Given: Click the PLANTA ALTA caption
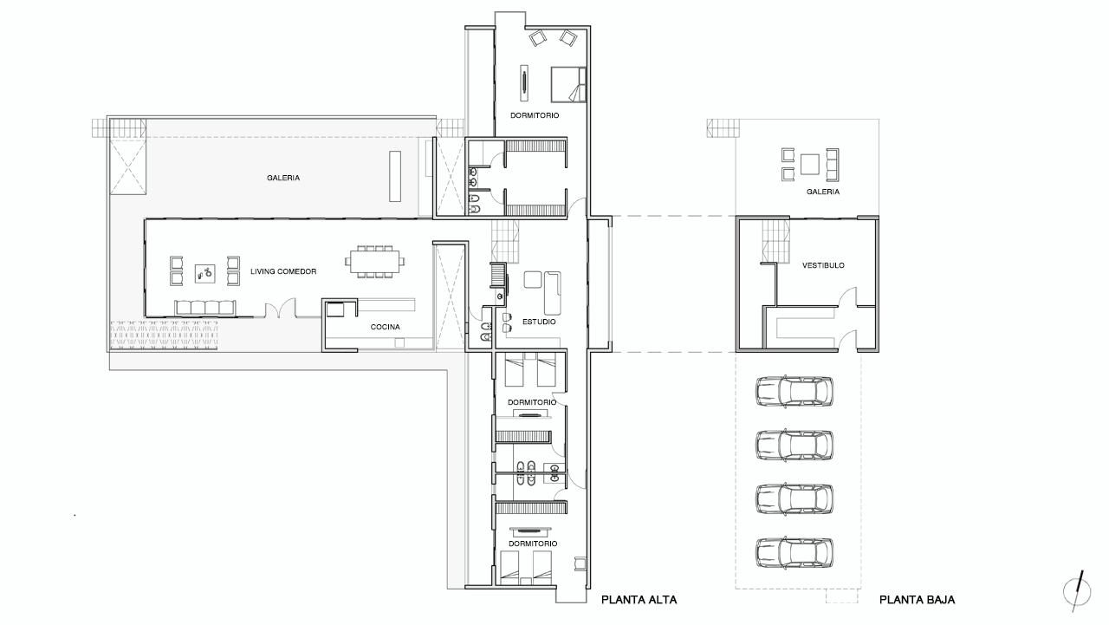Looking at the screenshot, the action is [x=639, y=600].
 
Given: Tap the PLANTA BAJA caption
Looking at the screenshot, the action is [x=917, y=600].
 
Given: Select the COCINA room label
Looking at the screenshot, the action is [x=386, y=327].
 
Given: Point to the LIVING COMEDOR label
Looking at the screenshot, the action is [x=283, y=271].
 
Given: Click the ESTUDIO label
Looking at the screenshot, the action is [x=539, y=322].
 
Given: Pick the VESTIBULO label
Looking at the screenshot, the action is [x=823, y=265].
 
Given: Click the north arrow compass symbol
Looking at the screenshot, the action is [x=1077, y=591].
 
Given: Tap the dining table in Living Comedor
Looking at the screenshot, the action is [x=375, y=261].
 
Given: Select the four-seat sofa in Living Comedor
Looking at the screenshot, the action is [x=205, y=308].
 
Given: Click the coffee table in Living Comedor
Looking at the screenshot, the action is [x=205, y=273].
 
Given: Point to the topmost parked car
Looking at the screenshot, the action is [x=794, y=392].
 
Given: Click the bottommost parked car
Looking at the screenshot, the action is [x=794, y=552].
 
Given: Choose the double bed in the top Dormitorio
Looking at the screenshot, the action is [x=568, y=85].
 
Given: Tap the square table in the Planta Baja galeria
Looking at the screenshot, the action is [x=810, y=165].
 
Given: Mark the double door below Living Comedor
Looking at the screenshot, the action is [x=280, y=308].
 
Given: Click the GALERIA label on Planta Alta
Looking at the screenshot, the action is [x=283, y=178].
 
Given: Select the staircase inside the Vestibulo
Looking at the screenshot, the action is [x=775, y=241].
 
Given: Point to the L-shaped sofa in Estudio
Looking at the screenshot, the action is [x=552, y=292].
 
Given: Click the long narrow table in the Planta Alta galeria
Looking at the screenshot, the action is [x=394, y=176].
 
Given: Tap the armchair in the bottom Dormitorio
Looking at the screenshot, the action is [x=580, y=563].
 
